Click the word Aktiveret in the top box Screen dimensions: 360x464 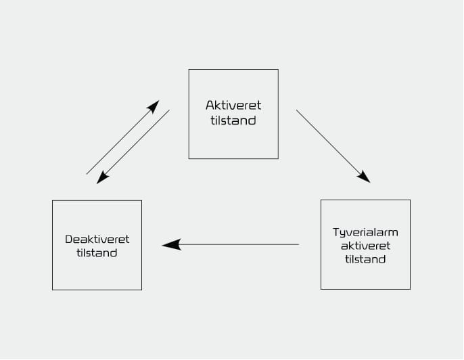233,106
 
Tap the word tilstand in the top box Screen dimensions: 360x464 233,120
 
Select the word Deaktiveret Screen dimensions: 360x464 97,239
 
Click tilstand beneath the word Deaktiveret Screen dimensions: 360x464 97,252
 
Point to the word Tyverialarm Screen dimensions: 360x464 365,231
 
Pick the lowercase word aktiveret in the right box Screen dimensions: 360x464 365,245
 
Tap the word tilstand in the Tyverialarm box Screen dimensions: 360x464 365,258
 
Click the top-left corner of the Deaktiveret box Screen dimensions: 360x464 53,201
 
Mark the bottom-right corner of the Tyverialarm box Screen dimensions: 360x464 410,289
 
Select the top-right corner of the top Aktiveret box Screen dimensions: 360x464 278,70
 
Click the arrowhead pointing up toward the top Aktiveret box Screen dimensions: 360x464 154,106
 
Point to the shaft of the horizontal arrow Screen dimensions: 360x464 237,244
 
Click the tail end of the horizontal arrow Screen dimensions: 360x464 298,244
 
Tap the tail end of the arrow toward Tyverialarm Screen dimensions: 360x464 298,111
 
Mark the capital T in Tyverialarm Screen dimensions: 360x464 335,231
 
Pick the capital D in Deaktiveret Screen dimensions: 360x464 68,239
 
